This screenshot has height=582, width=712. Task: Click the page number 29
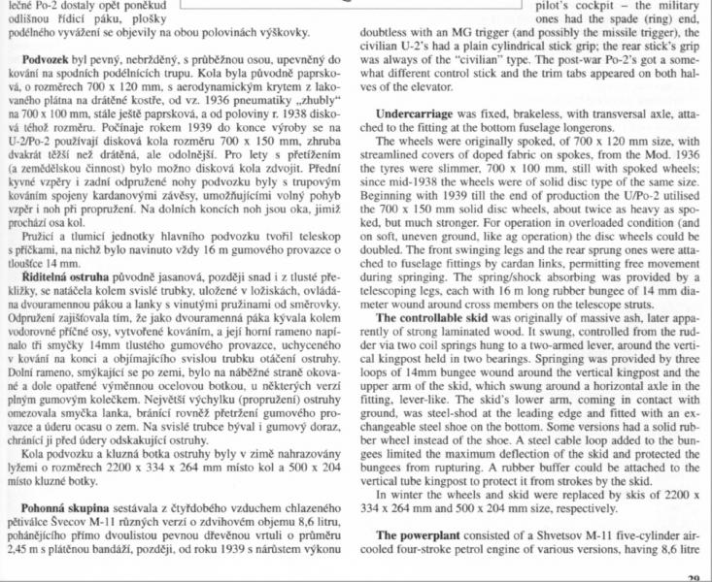[692, 578]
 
